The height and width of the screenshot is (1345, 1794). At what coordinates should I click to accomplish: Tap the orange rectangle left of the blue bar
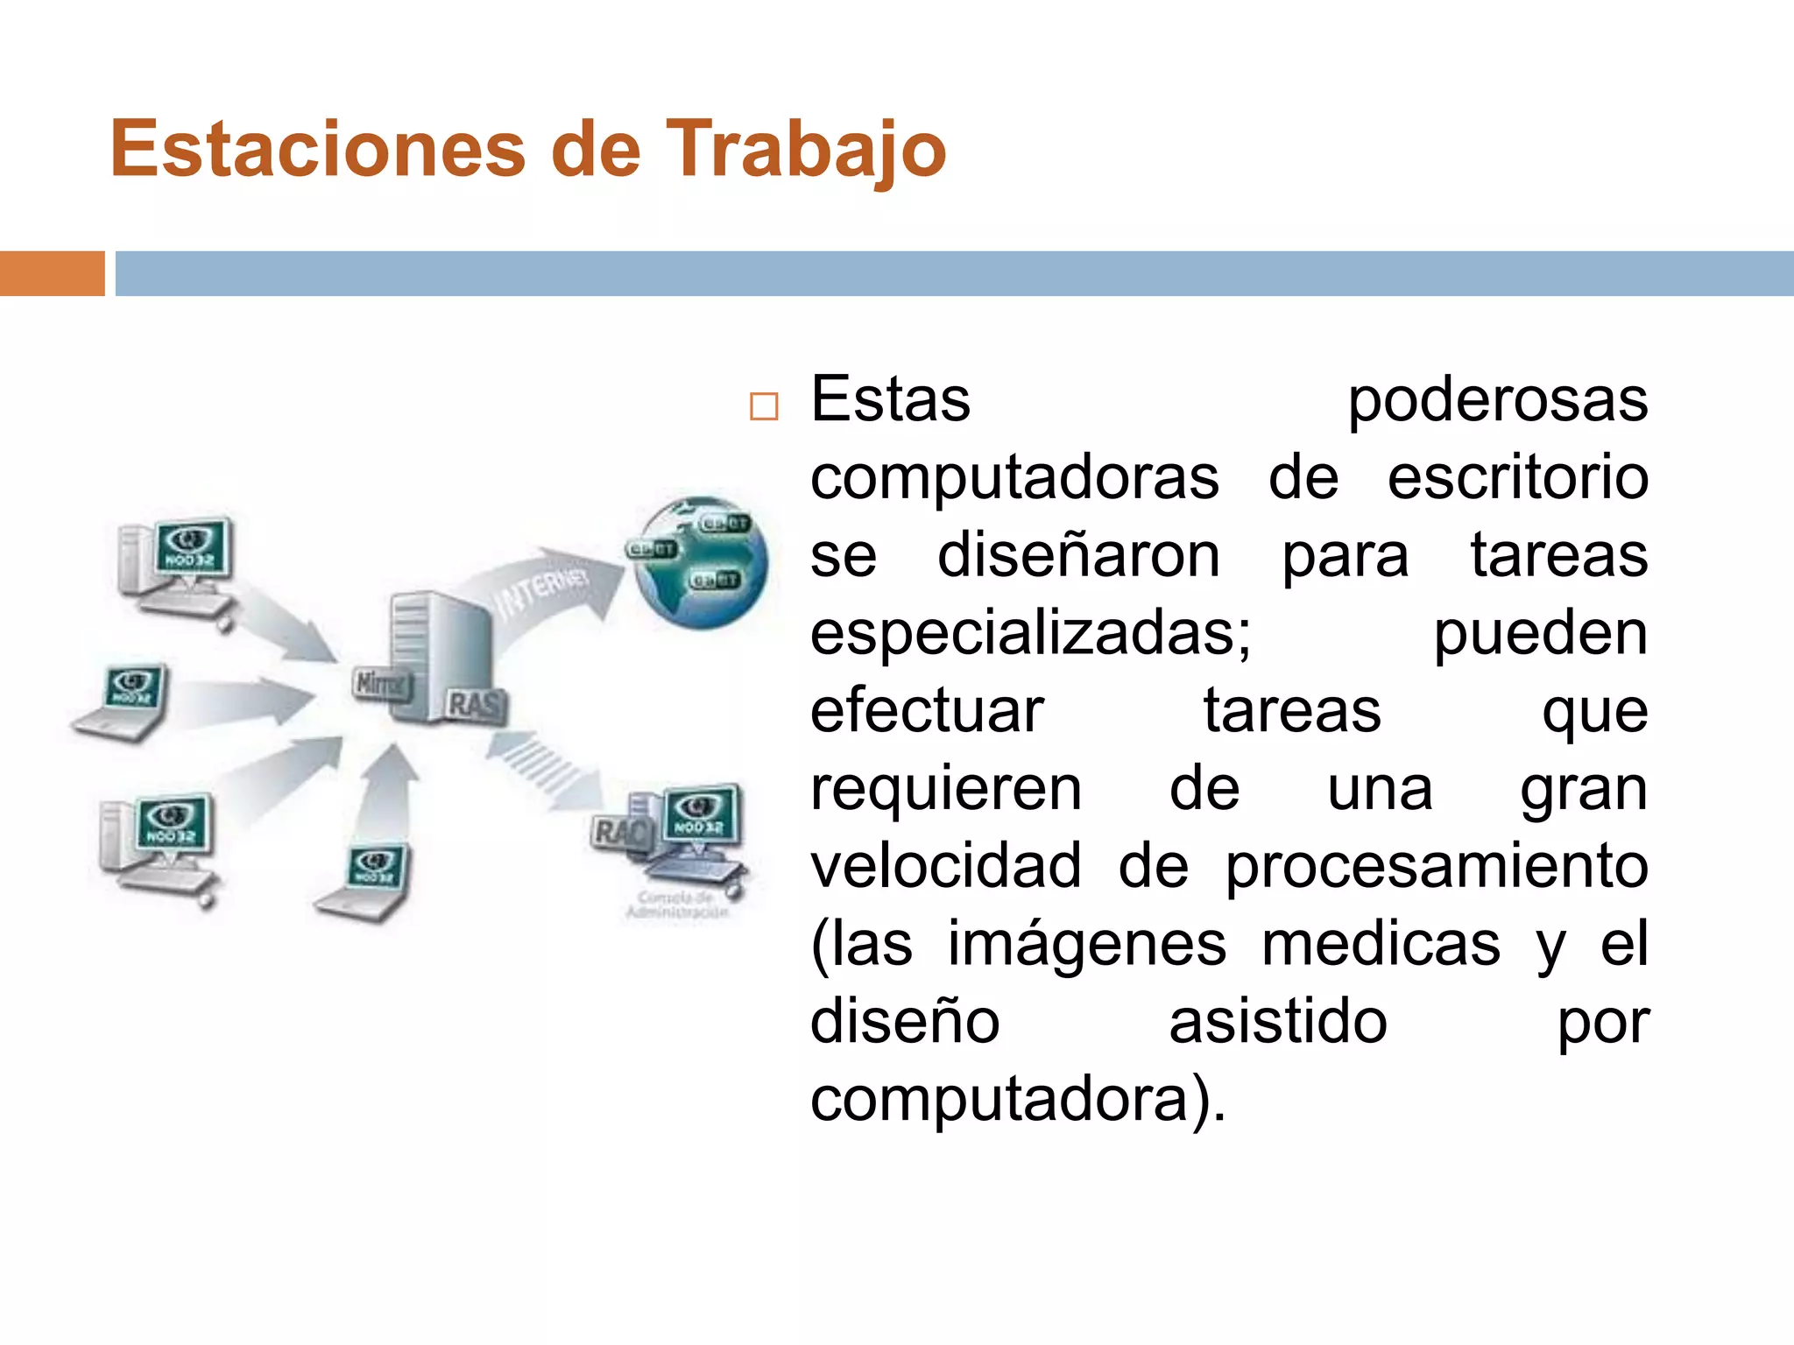click(52, 273)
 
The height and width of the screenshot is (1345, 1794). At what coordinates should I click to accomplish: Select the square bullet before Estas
click(764, 407)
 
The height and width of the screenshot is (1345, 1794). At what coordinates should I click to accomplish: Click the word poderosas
click(1497, 401)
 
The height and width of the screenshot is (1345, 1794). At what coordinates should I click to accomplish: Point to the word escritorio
click(1517, 478)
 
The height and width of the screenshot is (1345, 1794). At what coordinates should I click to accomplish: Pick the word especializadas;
click(1030, 633)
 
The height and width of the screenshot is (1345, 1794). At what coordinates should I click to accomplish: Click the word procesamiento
click(1436, 866)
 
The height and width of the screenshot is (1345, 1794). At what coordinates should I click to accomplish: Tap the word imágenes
click(1087, 944)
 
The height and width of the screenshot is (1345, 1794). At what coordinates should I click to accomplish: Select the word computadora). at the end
click(1018, 1099)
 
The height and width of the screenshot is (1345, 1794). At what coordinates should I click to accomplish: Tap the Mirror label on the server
click(380, 683)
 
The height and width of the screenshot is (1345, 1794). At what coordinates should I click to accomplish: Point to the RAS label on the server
click(476, 704)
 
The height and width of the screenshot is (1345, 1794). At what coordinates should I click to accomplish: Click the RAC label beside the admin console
click(620, 832)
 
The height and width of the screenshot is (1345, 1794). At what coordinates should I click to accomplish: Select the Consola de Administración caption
click(677, 905)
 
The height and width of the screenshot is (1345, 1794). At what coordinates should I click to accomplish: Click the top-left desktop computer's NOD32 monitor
click(193, 549)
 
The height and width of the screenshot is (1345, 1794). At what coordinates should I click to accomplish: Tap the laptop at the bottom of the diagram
click(368, 880)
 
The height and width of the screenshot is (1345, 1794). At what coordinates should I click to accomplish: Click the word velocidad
click(945, 866)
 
